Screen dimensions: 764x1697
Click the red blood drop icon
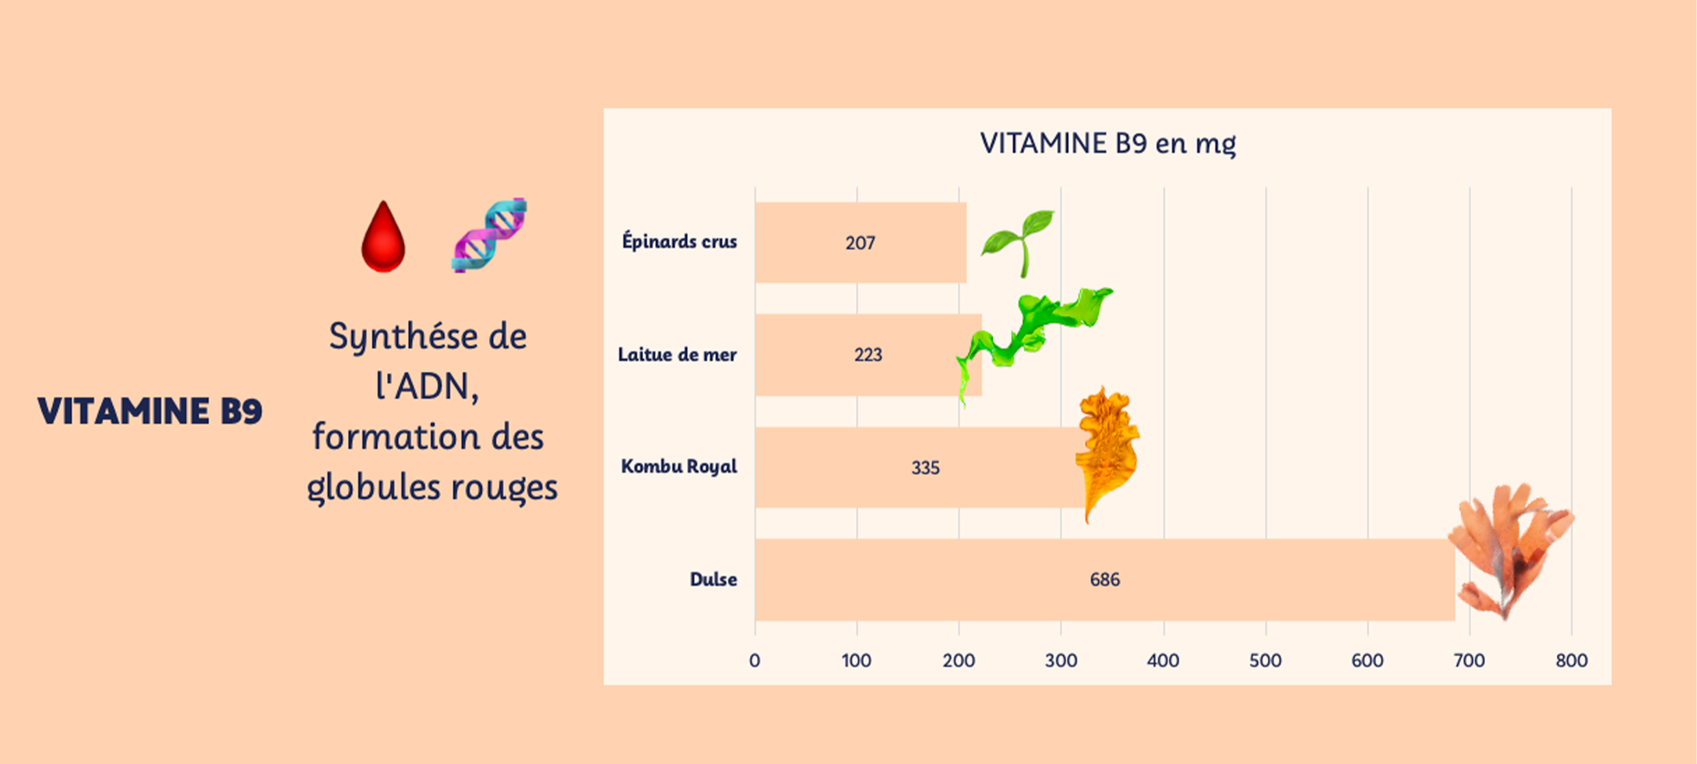click(383, 239)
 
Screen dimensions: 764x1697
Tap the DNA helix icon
click(490, 235)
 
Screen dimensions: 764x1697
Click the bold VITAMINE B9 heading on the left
click(150, 412)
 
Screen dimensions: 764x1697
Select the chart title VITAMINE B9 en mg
click(1107, 143)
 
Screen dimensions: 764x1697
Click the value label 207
click(860, 244)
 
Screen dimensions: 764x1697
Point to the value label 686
click(1105, 580)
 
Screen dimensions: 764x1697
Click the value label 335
click(925, 468)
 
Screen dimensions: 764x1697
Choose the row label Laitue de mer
click(677, 355)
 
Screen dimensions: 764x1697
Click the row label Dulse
click(713, 580)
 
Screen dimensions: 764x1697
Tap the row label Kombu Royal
click(679, 467)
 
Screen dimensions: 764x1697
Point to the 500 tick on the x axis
click(1265, 660)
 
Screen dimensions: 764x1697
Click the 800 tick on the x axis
click(1571, 660)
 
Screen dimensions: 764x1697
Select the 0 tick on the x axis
click(754, 660)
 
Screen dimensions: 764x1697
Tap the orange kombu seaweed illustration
click(1106, 450)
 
